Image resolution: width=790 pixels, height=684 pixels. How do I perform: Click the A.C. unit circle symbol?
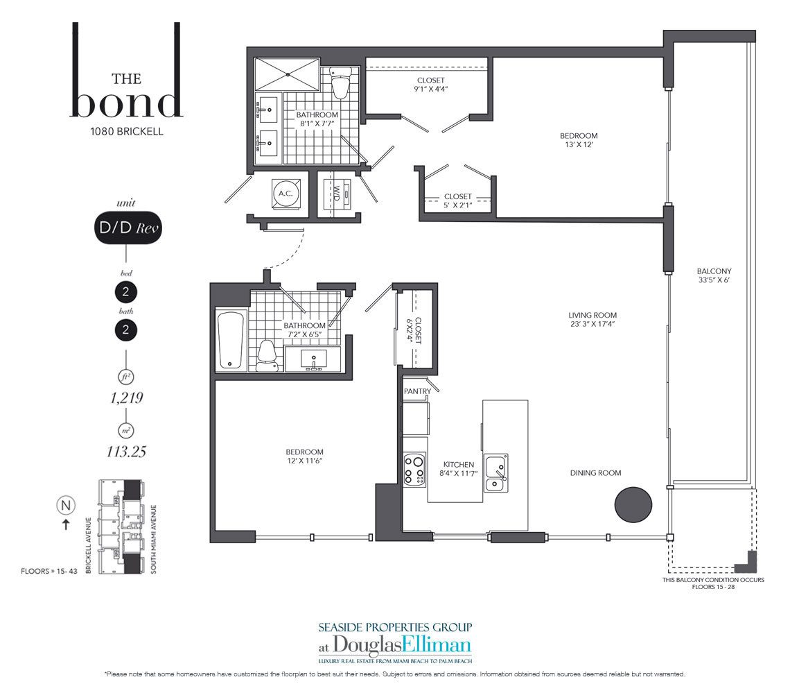[286, 194]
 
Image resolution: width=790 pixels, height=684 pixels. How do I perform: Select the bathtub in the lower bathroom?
[231, 340]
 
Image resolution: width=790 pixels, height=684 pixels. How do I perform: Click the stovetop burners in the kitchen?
[415, 470]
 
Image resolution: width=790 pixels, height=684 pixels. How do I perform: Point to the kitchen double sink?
[496, 472]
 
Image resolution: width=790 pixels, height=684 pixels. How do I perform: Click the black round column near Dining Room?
[633, 504]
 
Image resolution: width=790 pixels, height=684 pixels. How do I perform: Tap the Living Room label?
[592, 319]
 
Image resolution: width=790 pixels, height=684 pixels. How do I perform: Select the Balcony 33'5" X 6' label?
[714, 275]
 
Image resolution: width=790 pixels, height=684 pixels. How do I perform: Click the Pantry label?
[417, 391]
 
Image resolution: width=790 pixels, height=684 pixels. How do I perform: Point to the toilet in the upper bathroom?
[340, 84]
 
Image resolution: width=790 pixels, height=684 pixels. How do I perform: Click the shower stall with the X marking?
[287, 75]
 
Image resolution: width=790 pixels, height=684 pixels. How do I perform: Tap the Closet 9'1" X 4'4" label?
[431, 84]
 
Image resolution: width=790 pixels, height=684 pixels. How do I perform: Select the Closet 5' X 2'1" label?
[457, 200]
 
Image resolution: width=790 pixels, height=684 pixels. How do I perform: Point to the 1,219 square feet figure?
[126, 398]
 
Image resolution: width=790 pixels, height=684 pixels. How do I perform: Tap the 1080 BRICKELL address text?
[126, 131]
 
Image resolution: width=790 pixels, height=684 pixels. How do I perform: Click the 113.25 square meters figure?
[126, 451]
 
